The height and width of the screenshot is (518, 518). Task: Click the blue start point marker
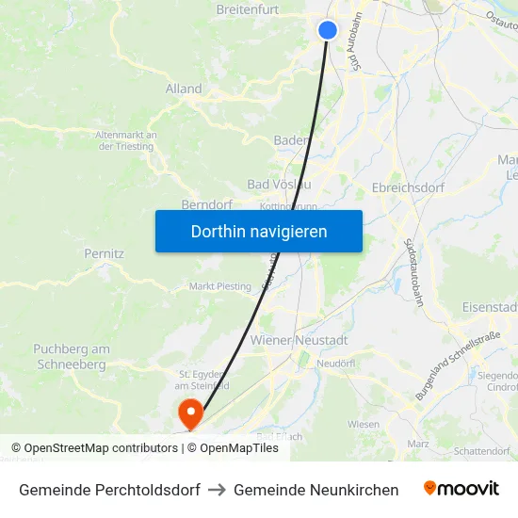point(328,30)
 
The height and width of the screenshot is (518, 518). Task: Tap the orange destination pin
point(190,413)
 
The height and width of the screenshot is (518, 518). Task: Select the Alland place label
point(184,89)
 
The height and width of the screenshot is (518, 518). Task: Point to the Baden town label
point(291,140)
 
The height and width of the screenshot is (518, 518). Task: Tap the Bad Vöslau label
point(279,184)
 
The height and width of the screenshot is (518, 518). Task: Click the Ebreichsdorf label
point(408,186)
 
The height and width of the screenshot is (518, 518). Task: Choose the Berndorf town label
point(207,203)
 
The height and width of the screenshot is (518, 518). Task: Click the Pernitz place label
point(104,254)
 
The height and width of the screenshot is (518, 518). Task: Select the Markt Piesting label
point(220,286)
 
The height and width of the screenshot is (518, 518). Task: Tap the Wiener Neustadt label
point(299,339)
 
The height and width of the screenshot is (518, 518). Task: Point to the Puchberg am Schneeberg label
point(72,356)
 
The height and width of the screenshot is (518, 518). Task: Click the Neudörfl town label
point(334,363)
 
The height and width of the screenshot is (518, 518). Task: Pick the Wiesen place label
point(364,424)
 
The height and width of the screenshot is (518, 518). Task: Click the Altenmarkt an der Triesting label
point(126,140)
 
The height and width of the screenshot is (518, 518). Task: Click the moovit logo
point(461,489)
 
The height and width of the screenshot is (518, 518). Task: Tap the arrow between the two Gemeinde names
point(217,490)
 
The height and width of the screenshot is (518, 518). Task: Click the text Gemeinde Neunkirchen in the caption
point(316,490)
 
